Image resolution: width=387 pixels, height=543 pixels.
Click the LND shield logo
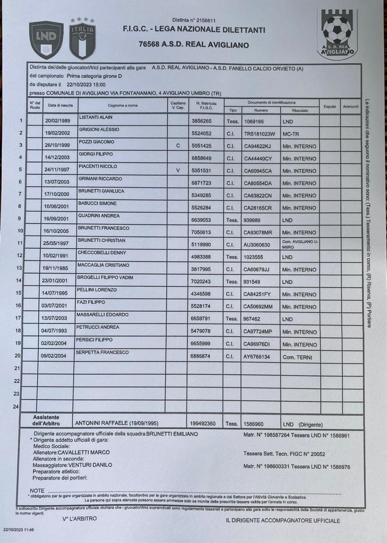pyautogui.click(x=46, y=40)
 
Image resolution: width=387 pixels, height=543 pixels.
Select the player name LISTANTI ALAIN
pyautogui.click(x=96, y=117)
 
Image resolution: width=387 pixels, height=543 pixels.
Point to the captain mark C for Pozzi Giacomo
pyautogui.click(x=178, y=146)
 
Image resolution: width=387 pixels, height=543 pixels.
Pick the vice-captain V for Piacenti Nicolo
pyautogui.click(x=178, y=170)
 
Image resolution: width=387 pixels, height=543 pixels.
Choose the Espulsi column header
pyautogui.click(x=330, y=107)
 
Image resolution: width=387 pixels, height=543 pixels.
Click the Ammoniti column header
pyautogui.click(x=351, y=107)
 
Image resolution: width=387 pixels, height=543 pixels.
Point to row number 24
pyautogui.click(x=16, y=407)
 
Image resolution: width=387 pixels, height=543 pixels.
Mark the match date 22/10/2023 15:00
pyautogui.click(x=86, y=84)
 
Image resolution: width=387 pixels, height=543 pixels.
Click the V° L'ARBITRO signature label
pyautogui.click(x=80, y=518)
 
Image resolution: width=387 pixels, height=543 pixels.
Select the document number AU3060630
pyautogui.click(x=257, y=245)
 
